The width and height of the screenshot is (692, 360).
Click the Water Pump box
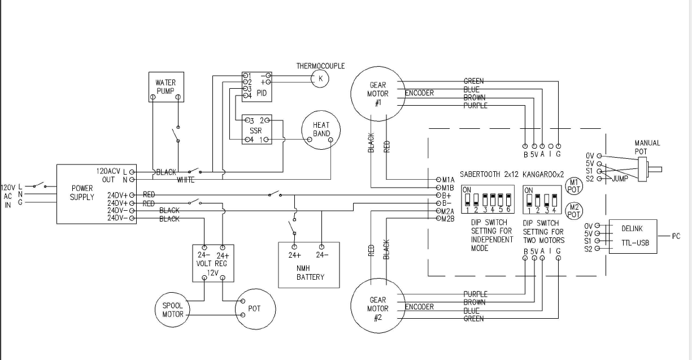pyautogui.click(x=166, y=87)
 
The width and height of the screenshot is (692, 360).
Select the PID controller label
pyautogui.click(x=262, y=93)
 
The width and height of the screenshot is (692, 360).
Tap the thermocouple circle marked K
pyautogui.click(x=320, y=79)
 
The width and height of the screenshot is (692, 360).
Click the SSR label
pyautogui.click(x=255, y=131)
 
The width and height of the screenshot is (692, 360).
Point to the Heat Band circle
pyautogui.click(x=321, y=129)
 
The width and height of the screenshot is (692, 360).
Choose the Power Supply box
pyautogui.click(x=82, y=193)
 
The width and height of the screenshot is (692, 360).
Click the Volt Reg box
pyautogui.click(x=212, y=263)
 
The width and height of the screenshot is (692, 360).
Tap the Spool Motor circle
pyautogui.click(x=173, y=310)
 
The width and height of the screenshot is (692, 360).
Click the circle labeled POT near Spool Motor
pyautogui.click(x=254, y=309)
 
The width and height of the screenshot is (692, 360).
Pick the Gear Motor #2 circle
pyautogui.click(x=378, y=309)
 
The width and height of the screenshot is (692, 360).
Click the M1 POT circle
pyautogui.click(x=574, y=186)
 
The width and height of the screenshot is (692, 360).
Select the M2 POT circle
pyautogui.click(x=574, y=210)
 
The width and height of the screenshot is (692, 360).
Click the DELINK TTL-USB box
pyautogui.click(x=633, y=236)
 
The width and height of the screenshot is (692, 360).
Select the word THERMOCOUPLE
pyautogui.click(x=320, y=66)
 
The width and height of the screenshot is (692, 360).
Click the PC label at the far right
pyautogui.click(x=676, y=236)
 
